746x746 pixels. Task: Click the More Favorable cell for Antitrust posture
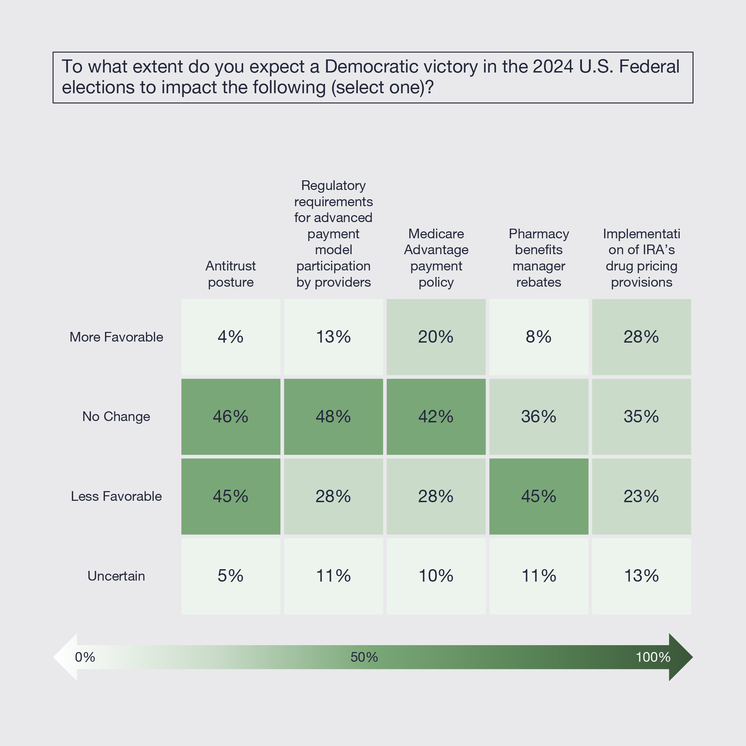(x=230, y=337)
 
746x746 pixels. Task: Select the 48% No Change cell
(x=333, y=416)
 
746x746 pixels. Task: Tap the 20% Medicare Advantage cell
(x=436, y=337)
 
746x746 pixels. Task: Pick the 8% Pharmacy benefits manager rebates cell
(x=539, y=337)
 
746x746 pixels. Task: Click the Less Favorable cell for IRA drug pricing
(x=641, y=496)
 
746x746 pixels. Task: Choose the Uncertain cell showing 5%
(x=230, y=576)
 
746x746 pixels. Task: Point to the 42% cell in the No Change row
(x=436, y=416)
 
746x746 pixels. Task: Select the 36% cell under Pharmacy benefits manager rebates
(x=539, y=416)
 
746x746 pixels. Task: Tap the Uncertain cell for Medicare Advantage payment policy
(x=436, y=576)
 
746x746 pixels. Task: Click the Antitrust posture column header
(x=230, y=274)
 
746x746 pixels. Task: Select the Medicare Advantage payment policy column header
(x=436, y=258)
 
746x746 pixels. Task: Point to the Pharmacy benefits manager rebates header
(x=539, y=258)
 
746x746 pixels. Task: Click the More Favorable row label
(x=116, y=337)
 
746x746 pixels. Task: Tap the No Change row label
(x=116, y=417)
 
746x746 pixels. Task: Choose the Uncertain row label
(x=116, y=576)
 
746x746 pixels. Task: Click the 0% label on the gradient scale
(x=85, y=657)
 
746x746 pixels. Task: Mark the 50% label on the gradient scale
(x=364, y=657)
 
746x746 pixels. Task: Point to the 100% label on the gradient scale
(x=653, y=657)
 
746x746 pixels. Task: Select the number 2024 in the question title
(x=553, y=67)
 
